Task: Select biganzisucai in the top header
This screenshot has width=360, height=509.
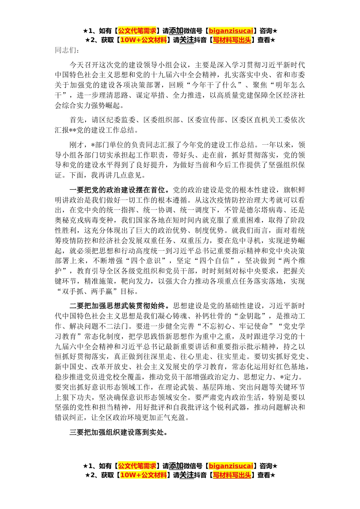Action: point(231,31)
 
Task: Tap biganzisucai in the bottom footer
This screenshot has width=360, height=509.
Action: point(231,466)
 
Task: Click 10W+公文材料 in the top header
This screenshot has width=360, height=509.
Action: point(143,40)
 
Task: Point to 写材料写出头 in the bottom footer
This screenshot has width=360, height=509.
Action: point(232,475)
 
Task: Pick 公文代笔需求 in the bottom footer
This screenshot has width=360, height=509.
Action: point(137,466)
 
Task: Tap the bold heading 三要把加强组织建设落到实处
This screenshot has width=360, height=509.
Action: point(118,432)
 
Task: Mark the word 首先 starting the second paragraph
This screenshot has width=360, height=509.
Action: point(77,120)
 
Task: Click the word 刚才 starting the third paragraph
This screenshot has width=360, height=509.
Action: point(77,145)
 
